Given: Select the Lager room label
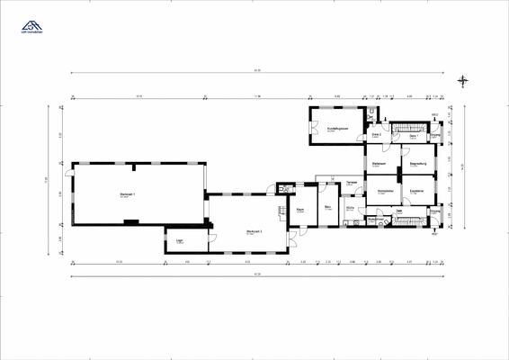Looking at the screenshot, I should (x=180, y=241).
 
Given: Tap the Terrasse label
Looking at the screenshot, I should (x=353, y=182).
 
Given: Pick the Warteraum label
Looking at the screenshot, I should (x=379, y=163).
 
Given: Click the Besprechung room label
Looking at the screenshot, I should (x=417, y=163).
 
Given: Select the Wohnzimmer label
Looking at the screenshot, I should (x=385, y=191).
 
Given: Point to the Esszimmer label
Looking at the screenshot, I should (x=416, y=191).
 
